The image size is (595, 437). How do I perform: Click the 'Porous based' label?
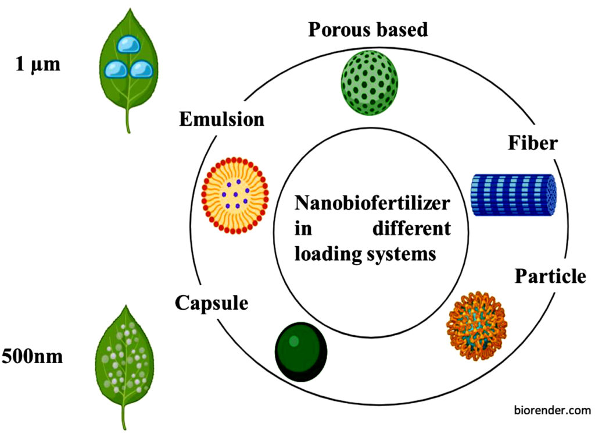pos(367,29)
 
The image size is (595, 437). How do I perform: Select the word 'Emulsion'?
pos(221,119)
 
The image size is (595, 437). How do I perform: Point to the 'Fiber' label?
pos(532,143)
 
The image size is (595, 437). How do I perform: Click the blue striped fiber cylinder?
pos(513,195)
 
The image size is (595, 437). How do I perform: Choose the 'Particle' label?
pos(550,276)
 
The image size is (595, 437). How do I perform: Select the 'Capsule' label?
pos(212,303)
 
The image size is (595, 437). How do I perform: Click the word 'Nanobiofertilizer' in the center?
pos(372,204)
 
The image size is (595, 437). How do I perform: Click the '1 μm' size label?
pos(37,63)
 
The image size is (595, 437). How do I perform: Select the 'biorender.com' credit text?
pos(552,410)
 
